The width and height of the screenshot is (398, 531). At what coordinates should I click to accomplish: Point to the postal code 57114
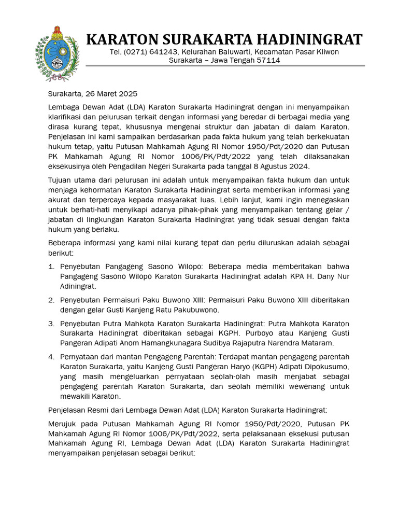[x=269, y=60]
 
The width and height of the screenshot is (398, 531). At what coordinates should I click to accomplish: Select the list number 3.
[x=51, y=324]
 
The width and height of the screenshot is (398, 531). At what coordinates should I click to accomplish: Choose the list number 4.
[x=51, y=357]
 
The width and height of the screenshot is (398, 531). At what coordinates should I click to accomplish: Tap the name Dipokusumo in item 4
[x=326, y=367]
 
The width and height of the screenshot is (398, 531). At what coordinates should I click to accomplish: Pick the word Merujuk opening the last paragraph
[x=63, y=424]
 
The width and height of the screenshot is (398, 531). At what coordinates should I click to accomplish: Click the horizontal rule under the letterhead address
[x=225, y=66]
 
